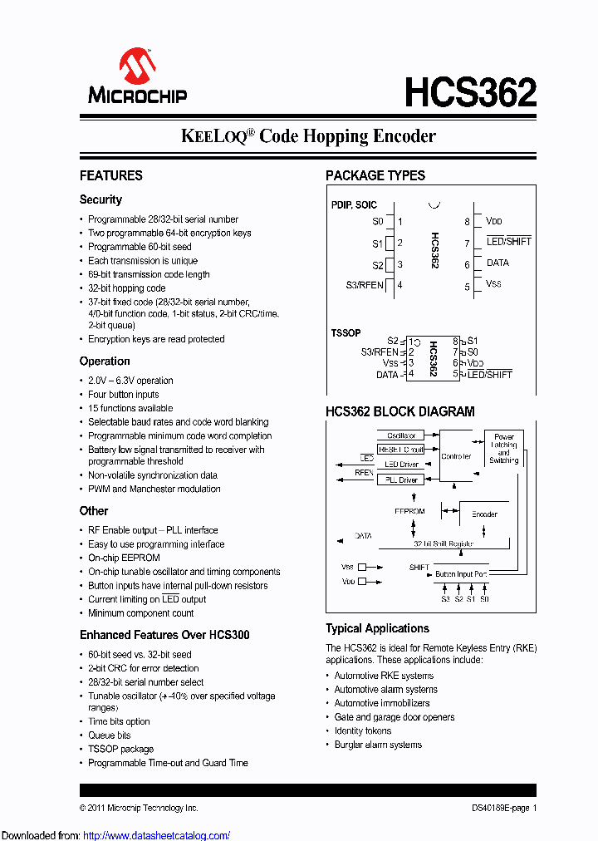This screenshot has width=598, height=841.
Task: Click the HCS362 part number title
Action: [470, 92]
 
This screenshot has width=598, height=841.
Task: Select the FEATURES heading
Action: [110, 175]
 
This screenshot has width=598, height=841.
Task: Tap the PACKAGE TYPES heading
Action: [375, 175]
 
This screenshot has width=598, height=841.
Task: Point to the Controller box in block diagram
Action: [456, 456]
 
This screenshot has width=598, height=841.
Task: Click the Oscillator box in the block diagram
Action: [401, 435]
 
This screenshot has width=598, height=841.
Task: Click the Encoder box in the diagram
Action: [484, 514]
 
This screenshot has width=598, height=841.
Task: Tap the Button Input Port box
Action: [461, 574]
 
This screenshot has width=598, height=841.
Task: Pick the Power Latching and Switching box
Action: [503, 449]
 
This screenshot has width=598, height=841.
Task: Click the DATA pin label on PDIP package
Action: [498, 263]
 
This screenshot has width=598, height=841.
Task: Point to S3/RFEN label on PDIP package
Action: [365, 285]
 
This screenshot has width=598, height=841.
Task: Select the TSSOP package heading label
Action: [346, 332]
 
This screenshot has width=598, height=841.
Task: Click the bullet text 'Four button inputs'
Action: [123, 395]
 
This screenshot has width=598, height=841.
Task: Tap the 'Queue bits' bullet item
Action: [109, 735]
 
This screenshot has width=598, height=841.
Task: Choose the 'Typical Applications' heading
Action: [377, 629]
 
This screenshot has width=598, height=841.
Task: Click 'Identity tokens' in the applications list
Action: [362, 731]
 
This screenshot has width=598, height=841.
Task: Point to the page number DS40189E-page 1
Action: [498, 808]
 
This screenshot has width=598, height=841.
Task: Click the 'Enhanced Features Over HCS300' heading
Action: [164, 635]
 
